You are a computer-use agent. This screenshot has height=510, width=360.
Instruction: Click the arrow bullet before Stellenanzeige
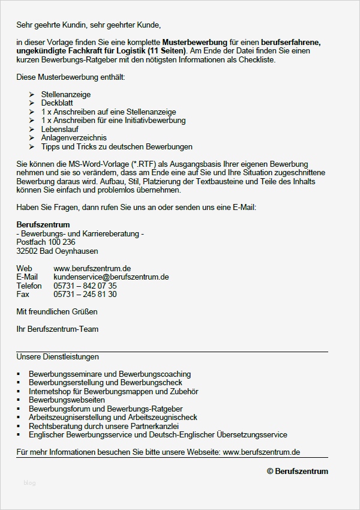(x=31, y=95)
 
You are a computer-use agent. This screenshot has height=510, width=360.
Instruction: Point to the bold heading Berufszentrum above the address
(x=43, y=225)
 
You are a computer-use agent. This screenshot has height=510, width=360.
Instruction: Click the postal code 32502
(x=27, y=251)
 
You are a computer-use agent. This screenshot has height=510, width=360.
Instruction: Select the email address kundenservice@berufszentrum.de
(x=111, y=277)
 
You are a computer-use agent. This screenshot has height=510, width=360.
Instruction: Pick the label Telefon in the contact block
(x=29, y=286)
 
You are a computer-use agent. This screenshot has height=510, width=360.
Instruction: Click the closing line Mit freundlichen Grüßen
(x=57, y=311)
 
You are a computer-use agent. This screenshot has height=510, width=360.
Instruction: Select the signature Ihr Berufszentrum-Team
(x=58, y=329)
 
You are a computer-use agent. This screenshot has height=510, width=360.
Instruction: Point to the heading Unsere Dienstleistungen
(x=58, y=357)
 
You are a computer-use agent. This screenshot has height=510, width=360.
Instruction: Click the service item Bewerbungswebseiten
(x=67, y=400)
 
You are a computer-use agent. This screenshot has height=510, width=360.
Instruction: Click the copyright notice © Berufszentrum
(x=298, y=472)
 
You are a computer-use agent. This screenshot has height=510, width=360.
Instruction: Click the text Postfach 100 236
(x=46, y=242)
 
